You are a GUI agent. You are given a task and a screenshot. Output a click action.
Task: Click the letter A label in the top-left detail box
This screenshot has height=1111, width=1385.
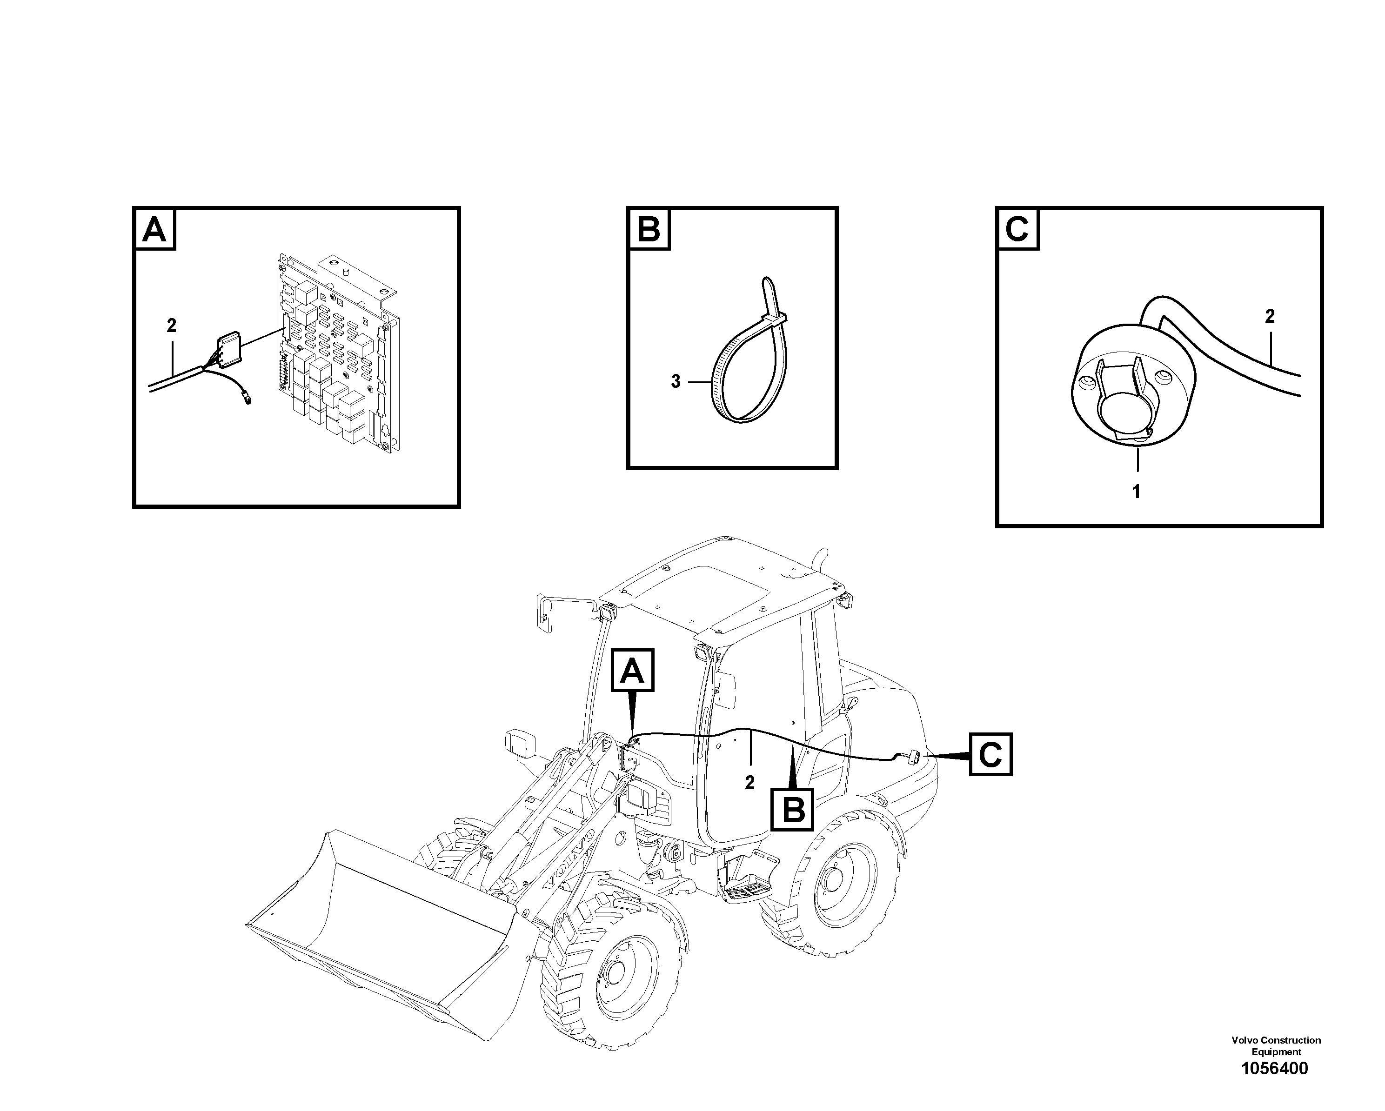(154, 229)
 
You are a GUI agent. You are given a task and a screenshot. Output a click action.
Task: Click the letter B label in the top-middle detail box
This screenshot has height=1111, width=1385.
(648, 229)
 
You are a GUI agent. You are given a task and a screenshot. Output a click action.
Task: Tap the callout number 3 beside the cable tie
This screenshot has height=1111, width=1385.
(675, 381)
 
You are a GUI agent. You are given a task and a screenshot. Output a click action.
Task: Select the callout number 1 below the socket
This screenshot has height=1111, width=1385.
(1136, 492)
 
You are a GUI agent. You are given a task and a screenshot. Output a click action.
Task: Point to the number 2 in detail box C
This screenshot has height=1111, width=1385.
(1269, 316)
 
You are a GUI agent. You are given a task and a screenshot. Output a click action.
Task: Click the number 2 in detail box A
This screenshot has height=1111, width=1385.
(171, 326)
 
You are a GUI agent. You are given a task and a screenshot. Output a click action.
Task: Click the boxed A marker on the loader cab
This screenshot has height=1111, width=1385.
(633, 671)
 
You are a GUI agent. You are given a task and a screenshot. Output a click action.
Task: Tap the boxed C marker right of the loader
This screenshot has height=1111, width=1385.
(990, 754)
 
